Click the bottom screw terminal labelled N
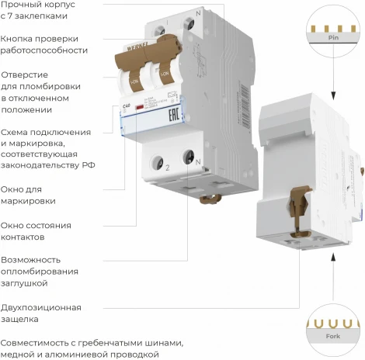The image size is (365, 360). click(189, 157)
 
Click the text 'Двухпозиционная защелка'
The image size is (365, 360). click(40, 313)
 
